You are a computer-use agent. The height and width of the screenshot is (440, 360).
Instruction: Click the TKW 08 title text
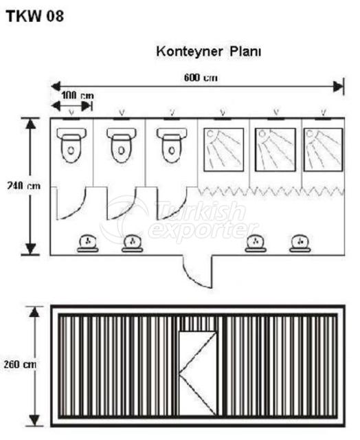(35, 16)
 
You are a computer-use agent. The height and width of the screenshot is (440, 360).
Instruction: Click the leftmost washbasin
(87, 243)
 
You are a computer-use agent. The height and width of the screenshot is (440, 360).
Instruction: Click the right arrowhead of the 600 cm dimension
(338, 87)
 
